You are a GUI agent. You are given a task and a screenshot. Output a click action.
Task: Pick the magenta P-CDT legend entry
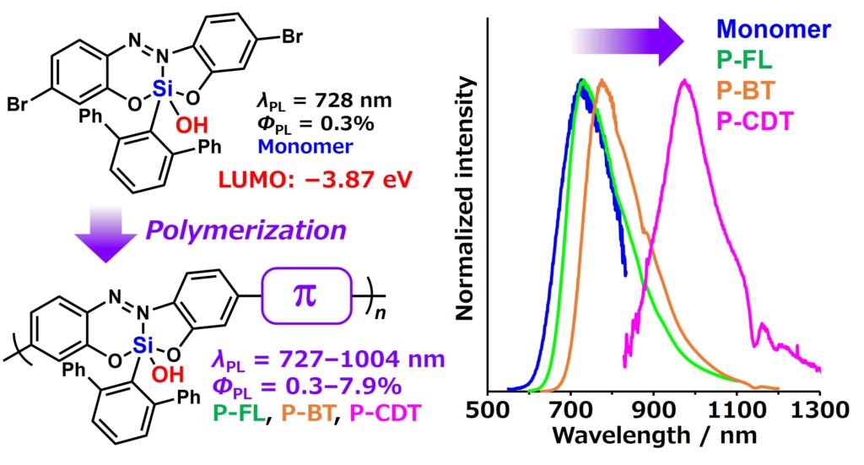tap(753, 122)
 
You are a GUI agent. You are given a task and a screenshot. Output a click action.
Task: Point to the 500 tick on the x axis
tap(489, 412)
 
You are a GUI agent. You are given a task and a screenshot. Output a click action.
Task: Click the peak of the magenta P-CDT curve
tap(684, 82)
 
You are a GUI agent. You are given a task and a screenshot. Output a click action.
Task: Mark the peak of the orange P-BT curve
tap(602, 82)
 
